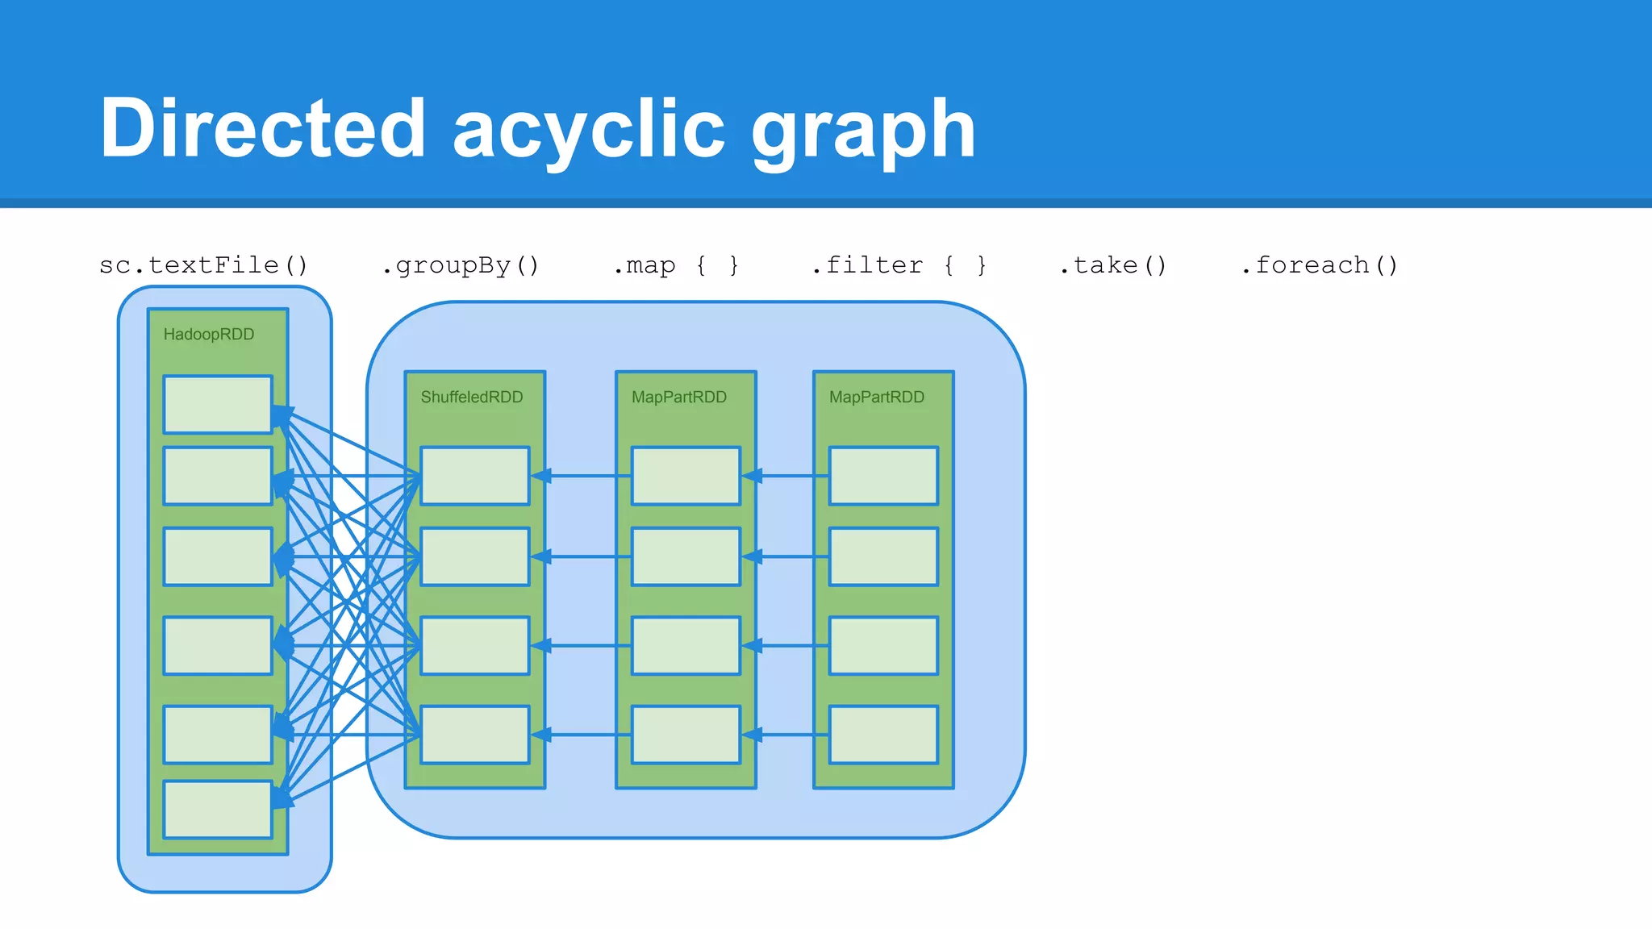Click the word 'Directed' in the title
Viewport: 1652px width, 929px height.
262,129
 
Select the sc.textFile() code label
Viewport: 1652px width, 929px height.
203,265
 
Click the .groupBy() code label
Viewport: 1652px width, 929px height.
460,265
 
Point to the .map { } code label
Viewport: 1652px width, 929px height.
676,265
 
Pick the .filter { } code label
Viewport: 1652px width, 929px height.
899,265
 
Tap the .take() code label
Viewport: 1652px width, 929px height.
1112,265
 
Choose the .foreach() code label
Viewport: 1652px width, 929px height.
1319,265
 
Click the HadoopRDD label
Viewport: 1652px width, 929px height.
209,335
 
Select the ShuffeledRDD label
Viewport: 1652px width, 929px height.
472,397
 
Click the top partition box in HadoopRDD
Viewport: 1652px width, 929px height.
218,404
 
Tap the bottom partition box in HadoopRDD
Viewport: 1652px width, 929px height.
218,809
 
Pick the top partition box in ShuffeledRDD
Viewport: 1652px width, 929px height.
475,476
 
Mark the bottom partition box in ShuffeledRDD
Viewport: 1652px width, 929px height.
475,735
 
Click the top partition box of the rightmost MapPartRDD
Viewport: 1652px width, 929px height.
883,476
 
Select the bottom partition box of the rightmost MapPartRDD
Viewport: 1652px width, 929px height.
883,735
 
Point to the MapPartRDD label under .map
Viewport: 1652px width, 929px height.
679,397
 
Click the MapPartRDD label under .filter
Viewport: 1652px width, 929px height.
877,397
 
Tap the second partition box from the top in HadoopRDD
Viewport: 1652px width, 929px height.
218,476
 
